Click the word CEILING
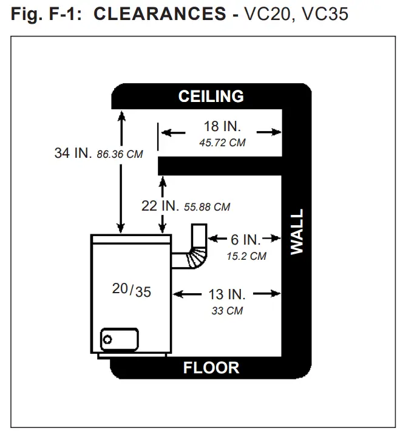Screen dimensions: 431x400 211,97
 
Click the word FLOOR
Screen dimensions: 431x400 211,367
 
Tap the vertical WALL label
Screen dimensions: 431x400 297,232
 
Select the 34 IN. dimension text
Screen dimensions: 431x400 72,154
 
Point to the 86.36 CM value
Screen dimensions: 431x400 120,154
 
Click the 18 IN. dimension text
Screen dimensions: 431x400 222,127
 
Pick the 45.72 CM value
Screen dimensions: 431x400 222,143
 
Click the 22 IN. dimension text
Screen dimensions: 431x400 159,206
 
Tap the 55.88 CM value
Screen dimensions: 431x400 206,207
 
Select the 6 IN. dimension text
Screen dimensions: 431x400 246,239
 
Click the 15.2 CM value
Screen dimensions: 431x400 246,256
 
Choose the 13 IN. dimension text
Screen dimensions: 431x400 227,294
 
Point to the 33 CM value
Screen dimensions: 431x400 226,310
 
